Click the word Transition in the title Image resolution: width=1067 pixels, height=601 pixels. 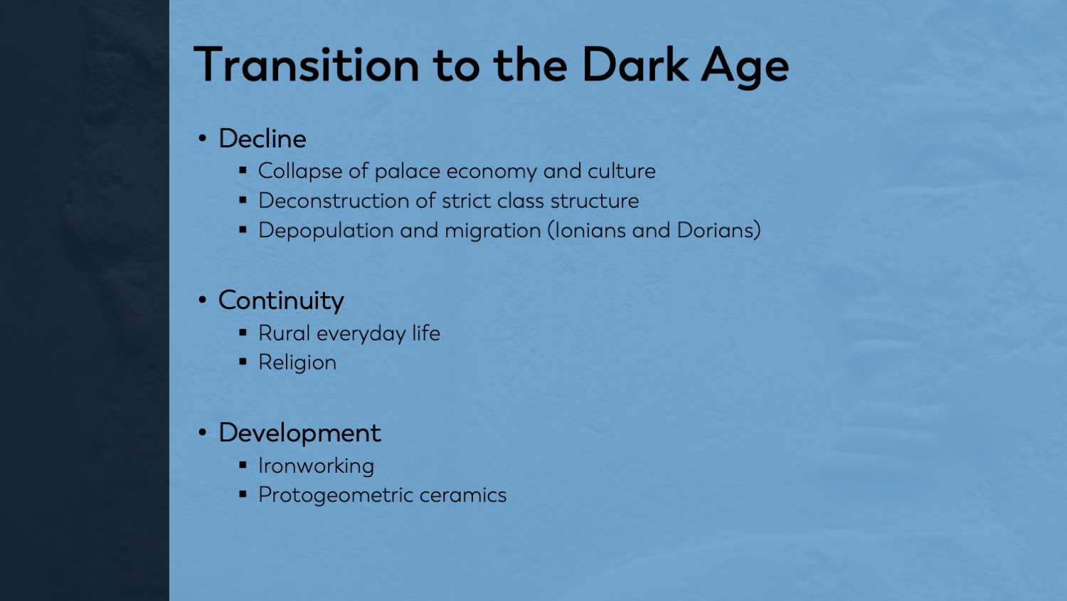307,65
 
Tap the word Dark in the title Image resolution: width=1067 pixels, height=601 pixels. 635,65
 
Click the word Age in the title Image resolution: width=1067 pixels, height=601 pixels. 745,68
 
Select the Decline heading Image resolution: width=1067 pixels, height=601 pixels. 262,138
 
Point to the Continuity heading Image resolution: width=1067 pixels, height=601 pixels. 281,301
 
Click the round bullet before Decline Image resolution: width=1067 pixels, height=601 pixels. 203,139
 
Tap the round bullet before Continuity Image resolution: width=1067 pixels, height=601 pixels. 203,300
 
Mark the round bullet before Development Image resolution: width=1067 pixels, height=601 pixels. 203,433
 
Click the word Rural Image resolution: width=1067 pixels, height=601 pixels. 285,333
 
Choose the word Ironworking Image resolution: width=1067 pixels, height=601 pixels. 316,466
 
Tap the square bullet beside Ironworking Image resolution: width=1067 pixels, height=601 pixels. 243,464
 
